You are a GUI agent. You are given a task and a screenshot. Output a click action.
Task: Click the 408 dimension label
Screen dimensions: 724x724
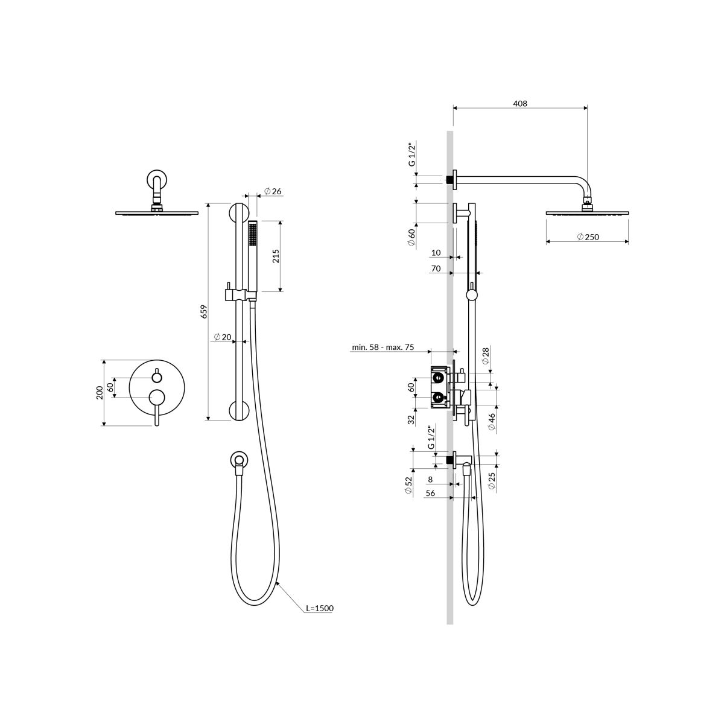[520, 103]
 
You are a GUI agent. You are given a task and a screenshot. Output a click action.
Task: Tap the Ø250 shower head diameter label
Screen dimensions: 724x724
[588, 237]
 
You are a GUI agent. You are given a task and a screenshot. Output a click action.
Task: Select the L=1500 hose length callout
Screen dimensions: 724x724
[319, 608]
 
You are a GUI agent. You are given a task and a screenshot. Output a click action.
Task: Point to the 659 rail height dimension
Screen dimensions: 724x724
[204, 311]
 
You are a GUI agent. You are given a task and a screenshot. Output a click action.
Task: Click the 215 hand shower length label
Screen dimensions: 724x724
[276, 256]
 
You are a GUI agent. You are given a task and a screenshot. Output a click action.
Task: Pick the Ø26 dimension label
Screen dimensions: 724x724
[273, 191]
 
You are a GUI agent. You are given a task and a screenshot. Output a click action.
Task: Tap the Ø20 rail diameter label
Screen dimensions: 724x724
[223, 337]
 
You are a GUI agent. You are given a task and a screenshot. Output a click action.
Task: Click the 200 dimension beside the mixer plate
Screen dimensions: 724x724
[100, 393]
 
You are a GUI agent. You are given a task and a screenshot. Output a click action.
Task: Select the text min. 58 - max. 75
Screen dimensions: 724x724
[383, 347]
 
